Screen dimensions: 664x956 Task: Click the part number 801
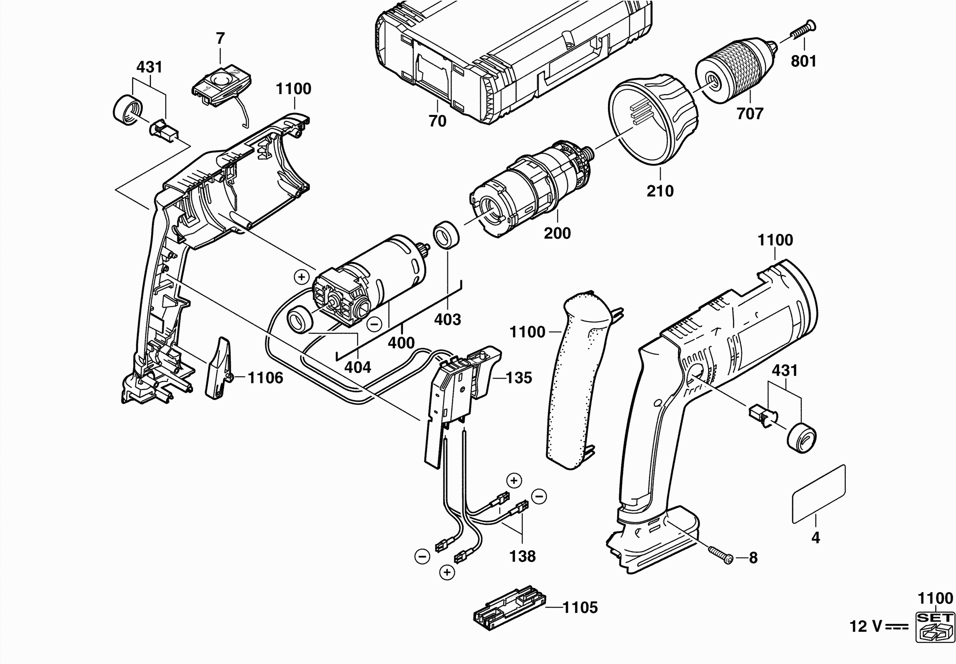point(803,61)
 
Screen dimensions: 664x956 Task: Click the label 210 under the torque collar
point(660,191)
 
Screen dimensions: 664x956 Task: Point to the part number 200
point(557,233)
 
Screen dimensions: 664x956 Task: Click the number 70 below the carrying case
point(437,121)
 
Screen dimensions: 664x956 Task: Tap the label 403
point(447,319)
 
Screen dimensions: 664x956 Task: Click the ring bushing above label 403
point(446,235)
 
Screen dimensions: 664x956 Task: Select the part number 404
point(358,367)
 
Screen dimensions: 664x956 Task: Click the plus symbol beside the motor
point(301,277)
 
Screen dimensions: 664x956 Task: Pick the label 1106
point(265,378)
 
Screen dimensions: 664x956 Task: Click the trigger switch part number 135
point(519,378)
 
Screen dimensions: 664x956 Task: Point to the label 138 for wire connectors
point(523,556)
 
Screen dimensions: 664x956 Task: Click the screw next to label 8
point(721,555)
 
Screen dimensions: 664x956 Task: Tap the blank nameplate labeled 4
point(818,494)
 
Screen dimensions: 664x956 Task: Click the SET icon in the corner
point(935,627)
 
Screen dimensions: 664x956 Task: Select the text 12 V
point(865,627)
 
